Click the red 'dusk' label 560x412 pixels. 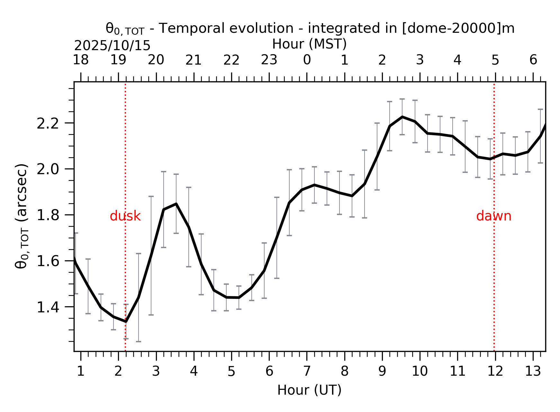[125, 216]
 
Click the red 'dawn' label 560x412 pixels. [493, 216]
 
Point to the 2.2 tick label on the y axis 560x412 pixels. [48, 123]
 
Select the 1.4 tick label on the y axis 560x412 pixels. [48, 308]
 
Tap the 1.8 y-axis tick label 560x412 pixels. [48, 215]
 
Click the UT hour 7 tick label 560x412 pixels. [307, 372]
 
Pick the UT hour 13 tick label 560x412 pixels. [533, 372]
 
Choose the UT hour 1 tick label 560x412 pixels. [80, 372]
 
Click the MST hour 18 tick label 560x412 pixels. [80, 60]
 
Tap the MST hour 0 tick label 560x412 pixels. [307, 60]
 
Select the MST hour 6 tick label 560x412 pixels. [533, 60]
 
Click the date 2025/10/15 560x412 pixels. [112, 46]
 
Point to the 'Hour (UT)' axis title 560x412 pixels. [309, 390]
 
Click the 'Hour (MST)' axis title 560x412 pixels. [309, 44]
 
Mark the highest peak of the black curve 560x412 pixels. [402, 117]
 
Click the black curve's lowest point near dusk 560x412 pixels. [126, 321]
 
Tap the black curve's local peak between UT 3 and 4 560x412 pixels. [176, 204]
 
